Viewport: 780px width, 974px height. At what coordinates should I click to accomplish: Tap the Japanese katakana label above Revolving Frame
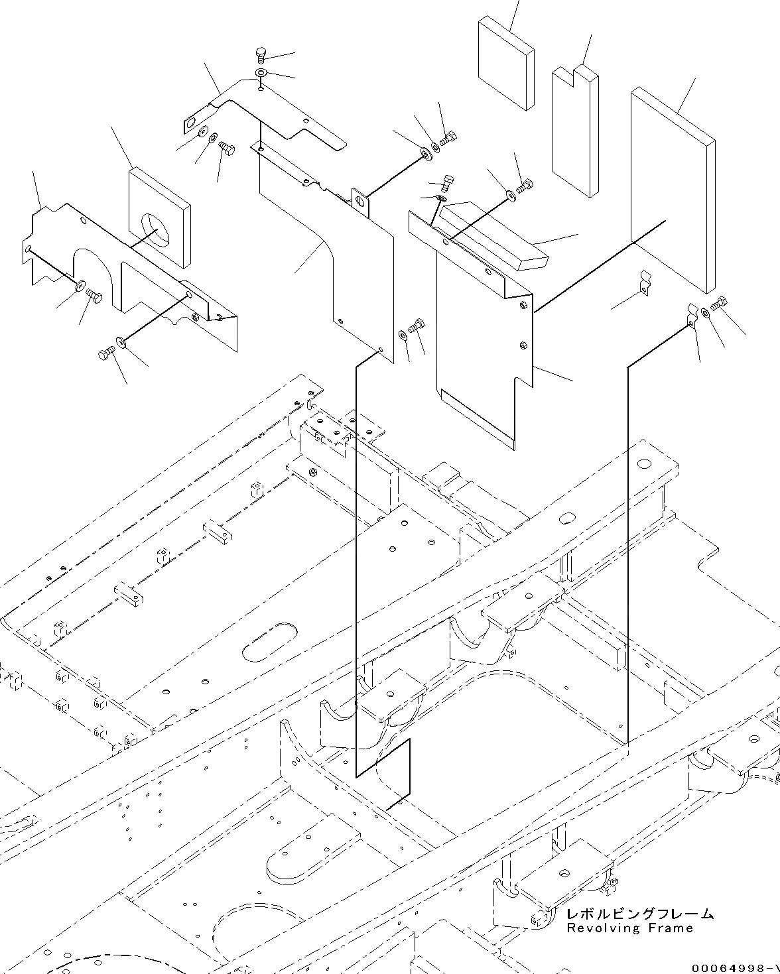point(640,914)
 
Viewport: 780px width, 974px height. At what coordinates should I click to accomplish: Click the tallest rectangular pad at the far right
point(671,189)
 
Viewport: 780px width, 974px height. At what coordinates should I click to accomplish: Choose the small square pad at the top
point(504,63)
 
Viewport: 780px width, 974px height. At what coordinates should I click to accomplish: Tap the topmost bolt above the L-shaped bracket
point(261,55)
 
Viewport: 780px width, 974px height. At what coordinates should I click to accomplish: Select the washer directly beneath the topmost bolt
point(261,72)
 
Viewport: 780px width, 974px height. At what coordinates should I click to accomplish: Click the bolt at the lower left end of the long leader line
point(106,355)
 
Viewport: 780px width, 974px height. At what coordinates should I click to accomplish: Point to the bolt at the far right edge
point(719,305)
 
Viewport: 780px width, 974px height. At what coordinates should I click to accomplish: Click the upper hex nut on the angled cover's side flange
point(524,307)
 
